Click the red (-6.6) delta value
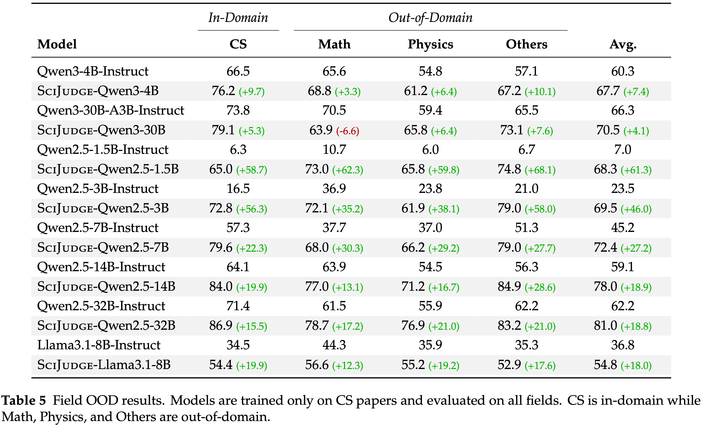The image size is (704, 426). pos(347,131)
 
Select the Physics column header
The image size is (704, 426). pos(430,44)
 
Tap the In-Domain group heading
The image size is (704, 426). pos(238,18)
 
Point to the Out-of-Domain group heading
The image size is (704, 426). pos(430,18)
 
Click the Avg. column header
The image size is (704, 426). pos(623,44)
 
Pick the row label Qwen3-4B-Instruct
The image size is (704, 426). pos(93,71)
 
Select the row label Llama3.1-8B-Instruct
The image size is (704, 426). pos(99,345)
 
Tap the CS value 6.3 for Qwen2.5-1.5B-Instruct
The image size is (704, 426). pos(238,149)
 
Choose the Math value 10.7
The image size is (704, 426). pos(334,149)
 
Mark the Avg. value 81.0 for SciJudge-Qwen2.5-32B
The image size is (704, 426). pos(605,325)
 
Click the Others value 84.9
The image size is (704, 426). pos(509,286)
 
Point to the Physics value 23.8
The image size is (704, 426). pos(430,188)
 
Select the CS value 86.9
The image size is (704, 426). pos(221,325)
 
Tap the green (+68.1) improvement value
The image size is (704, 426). pos(540,170)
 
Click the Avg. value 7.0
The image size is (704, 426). pos(623,149)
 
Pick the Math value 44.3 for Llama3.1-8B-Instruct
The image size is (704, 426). pos(334,345)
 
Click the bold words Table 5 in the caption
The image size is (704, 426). pos(24,400)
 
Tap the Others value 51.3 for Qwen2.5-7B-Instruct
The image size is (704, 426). pos(526,228)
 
